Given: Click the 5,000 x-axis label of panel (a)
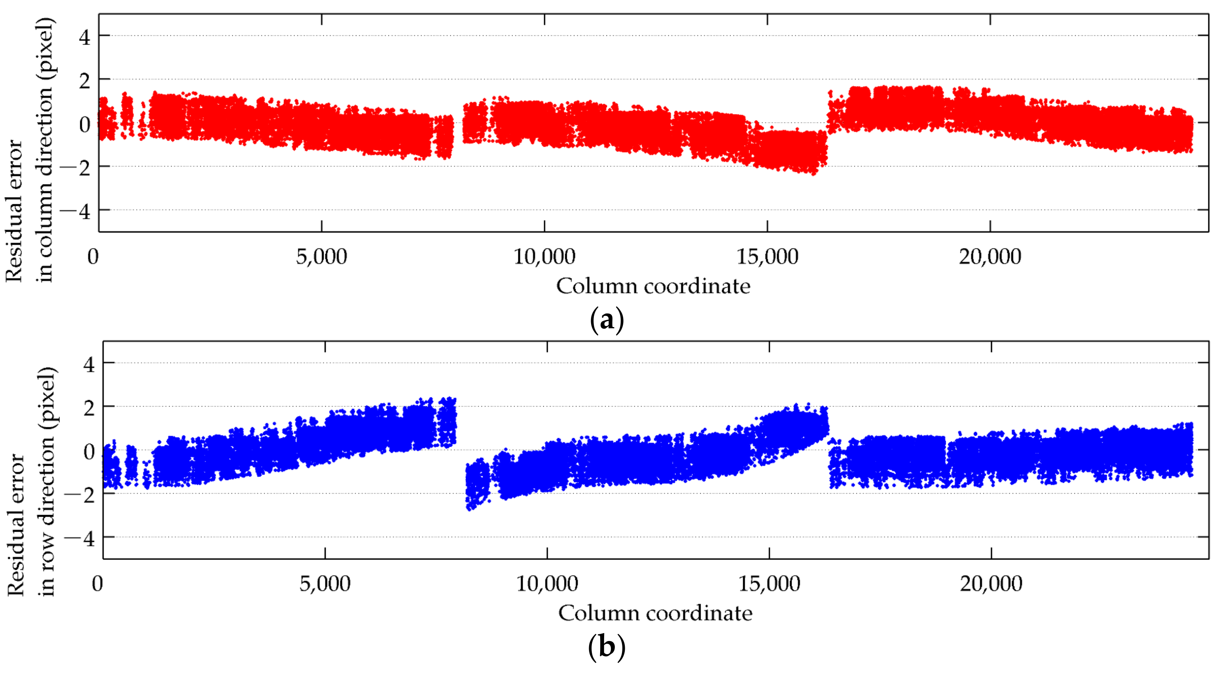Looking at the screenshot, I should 321,257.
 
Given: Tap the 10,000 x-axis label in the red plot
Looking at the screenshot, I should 544,257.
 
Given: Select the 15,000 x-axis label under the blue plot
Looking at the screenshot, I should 769,584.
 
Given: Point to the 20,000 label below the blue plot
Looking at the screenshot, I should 991,584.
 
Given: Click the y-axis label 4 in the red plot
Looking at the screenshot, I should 85,37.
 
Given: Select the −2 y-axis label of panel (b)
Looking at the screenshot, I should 79,495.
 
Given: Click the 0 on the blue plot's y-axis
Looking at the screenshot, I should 89,451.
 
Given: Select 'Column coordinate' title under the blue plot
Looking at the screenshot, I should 655,614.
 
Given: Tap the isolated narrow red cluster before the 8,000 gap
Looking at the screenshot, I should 444,137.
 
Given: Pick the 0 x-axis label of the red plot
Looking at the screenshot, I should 93,257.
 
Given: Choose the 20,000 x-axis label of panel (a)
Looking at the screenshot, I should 990,257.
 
